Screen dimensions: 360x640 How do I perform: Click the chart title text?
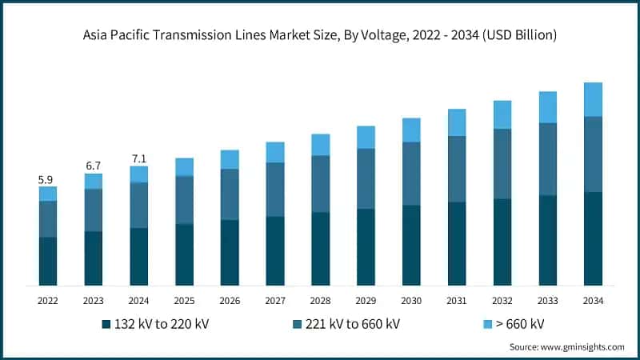pyautogui.click(x=320, y=36)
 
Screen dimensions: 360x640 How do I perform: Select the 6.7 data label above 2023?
pyautogui.click(x=94, y=166)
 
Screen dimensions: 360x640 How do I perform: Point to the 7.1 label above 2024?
pyautogui.click(x=139, y=158)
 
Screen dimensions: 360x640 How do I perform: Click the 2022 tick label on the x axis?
pyautogui.click(x=48, y=301)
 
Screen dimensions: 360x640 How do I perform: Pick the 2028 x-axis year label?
pyautogui.click(x=320, y=301)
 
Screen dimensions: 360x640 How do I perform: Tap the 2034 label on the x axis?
pyautogui.click(x=593, y=301)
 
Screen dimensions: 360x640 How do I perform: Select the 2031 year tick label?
pyautogui.click(x=457, y=301)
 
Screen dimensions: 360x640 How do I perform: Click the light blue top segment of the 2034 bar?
pyautogui.click(x=593, y=99)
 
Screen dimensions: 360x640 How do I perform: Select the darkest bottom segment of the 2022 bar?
pyautogui.click(x=48, y=261)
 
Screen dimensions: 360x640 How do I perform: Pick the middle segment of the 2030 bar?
pyautogui.click(x=411, y=174)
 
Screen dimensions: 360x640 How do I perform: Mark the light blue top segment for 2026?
pyautogui.click(x=230, y=159)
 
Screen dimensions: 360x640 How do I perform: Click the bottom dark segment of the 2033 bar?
pyautogui.click(x=547, y=240)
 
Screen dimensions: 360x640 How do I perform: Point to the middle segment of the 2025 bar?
pyautogui.click(x=184, y=200)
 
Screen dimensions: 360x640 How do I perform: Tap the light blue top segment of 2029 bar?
pyautogui.click(x=366, y=137)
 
